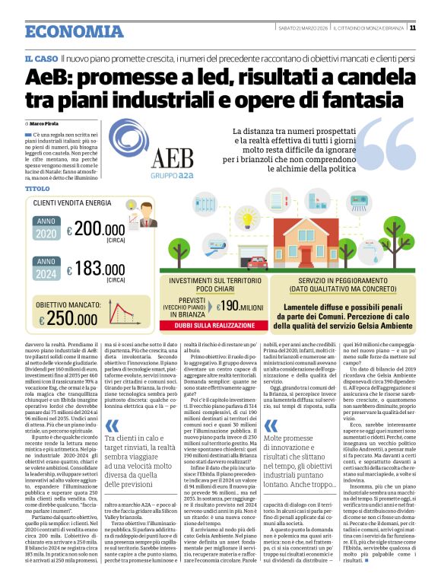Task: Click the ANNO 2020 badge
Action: (x=45, y=228)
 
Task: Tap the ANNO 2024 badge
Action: (x=45, y=267)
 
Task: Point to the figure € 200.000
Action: (x=95, y=229)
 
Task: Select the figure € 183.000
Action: (x=95, y=269)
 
